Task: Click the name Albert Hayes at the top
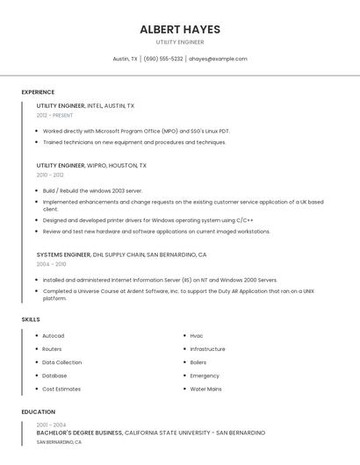(x=180, y=29)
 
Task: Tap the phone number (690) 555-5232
(x=163, y=59)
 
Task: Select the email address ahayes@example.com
(x=218, y=59)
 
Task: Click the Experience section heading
(x=38, y=92)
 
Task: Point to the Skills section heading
(x=31, y=319)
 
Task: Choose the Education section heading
(x=38, y=411)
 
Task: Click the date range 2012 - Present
(x=54, y=115)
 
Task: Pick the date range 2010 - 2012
(x=50, y=175)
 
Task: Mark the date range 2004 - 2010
(x=50, y=264)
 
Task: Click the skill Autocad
(x=53, y=336)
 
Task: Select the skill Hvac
(x=197, y=336)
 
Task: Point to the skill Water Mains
(x=205, y=389)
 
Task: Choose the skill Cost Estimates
(x=61, y=389)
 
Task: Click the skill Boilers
(x=198, y=362)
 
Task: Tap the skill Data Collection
(x=61, y=362)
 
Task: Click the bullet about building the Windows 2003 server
(x=92, y=190)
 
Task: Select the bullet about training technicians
(x=134, y=142)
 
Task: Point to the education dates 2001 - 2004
(x=51, y=425)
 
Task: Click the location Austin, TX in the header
(x=126, y=59)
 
